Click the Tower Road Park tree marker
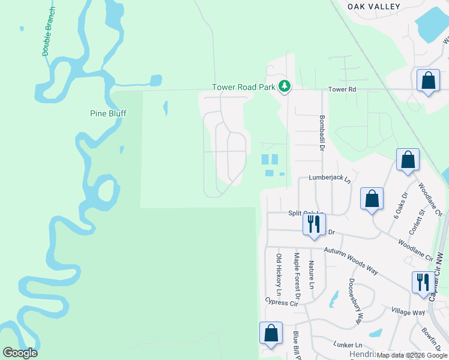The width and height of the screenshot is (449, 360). click(285, 87)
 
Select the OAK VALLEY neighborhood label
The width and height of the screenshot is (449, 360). click(373, 6)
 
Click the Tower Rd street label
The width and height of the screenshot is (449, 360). click(342, 89)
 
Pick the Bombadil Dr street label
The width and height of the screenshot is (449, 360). click(322, 132)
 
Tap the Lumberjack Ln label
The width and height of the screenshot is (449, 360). click(329, 178)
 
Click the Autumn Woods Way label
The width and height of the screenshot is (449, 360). click(351, 261)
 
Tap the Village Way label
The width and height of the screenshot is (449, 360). click(408, 312)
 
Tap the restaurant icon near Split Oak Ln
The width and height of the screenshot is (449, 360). click(313, 225)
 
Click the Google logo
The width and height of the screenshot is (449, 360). click(20, 353)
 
